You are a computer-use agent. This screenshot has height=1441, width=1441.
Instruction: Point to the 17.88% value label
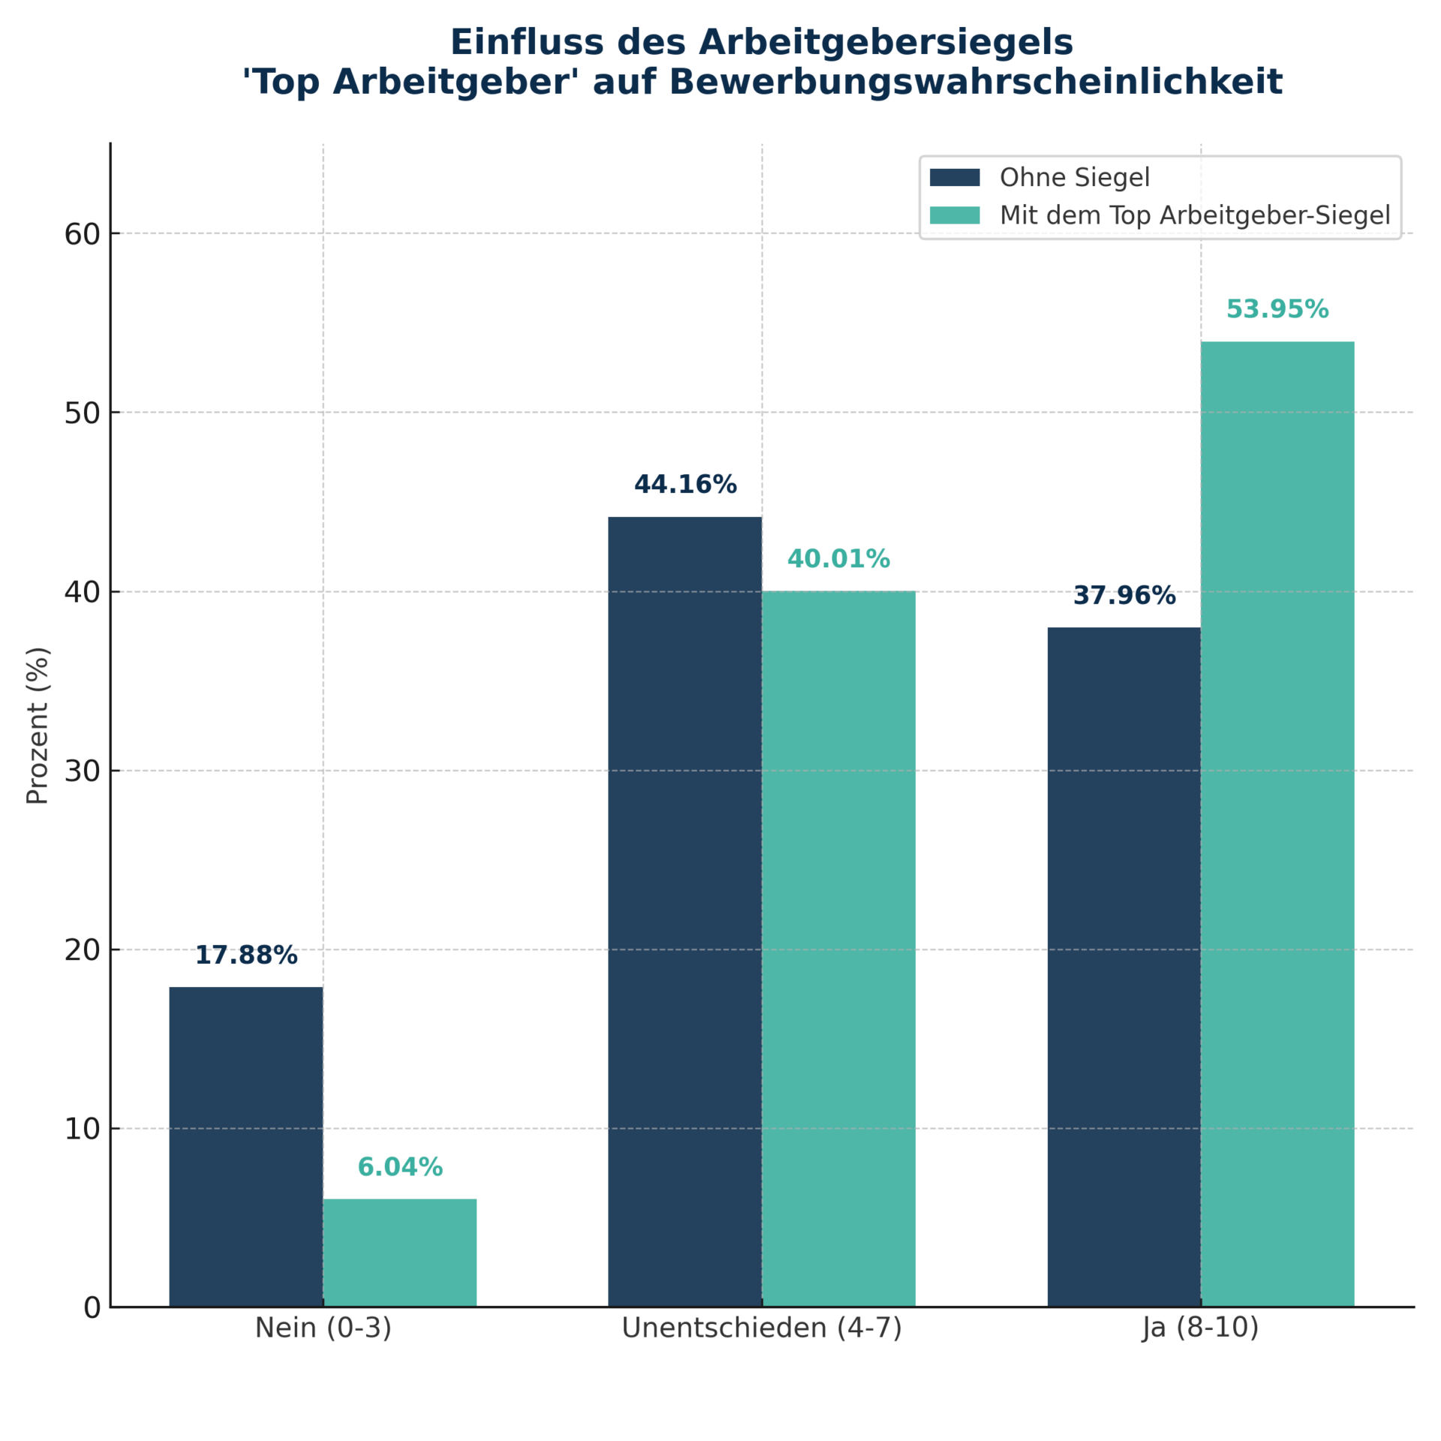[x=246, y=955]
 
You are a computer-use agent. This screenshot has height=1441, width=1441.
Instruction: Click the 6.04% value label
[x=400, y=1167]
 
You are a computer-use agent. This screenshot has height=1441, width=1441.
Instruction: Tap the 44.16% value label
[x=685, y=485]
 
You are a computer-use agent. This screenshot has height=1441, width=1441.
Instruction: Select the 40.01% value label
[x=838, y=559]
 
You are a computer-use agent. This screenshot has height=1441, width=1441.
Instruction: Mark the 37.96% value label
[x=1124, y=596]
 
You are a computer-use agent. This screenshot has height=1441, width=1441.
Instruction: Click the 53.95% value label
[x=1277, y=309]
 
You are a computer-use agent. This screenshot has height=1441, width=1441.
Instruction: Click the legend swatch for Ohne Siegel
[x=955, y=177]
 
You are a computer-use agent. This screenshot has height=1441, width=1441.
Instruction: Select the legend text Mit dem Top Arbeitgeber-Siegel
[x=1195, y=215]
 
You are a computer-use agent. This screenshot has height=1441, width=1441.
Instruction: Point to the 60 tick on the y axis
[x=82, y=234]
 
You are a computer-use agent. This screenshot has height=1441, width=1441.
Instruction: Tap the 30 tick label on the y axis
[x=82, y=771]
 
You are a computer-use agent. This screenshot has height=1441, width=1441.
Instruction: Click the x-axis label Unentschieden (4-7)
[x=762, y=1328]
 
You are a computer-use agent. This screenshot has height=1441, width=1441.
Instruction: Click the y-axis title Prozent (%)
[x=38, y=725]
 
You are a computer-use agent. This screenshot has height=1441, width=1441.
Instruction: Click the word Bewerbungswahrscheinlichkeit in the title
[x=976, y=82]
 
